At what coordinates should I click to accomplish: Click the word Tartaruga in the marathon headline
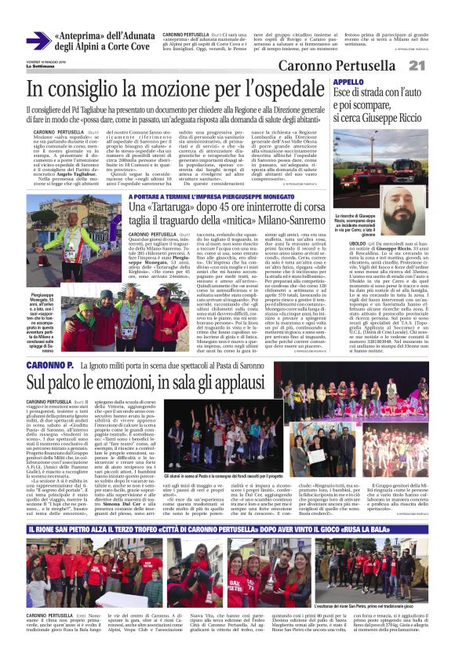pyautogui.click(x=183, y=206)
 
